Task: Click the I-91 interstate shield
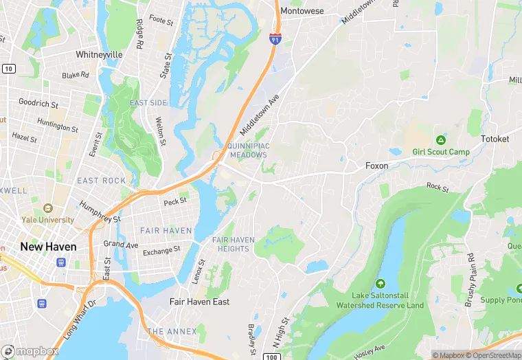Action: (275, 39)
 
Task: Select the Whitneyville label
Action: (99, 54)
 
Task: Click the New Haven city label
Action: (48, 247)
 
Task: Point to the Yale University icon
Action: (47, 208)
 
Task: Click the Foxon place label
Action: (376, 166)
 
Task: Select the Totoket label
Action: (495, 139)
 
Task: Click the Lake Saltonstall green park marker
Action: (380, 283)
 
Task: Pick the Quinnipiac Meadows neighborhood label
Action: (248, 150)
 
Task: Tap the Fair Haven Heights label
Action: (234, 244)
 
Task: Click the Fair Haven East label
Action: (200, 302)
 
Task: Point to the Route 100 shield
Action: (273, 355)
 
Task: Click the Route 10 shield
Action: (9, 69)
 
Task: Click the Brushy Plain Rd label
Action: (470, 280)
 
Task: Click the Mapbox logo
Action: (30, 351)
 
